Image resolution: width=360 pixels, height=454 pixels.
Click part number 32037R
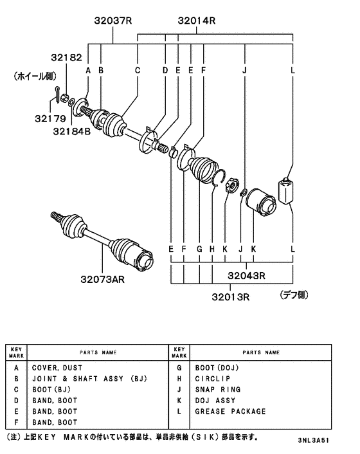(x=113, y=21)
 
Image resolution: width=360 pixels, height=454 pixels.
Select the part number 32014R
(x=197, y=21)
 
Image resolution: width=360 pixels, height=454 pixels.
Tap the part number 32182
(x=66, y=57)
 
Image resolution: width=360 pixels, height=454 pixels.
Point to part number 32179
(x=50, y=118)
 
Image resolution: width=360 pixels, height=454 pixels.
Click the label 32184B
(x=72, y=131)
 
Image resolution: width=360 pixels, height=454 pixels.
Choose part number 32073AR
(x=102, y=279)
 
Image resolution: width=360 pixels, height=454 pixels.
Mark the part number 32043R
(x=246, y=275)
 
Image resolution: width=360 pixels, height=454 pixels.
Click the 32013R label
(x=230, y=297)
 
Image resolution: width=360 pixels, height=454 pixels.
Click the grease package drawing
(x=286, y=190)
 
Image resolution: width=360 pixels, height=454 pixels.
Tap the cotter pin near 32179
(x=57, y=95)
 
